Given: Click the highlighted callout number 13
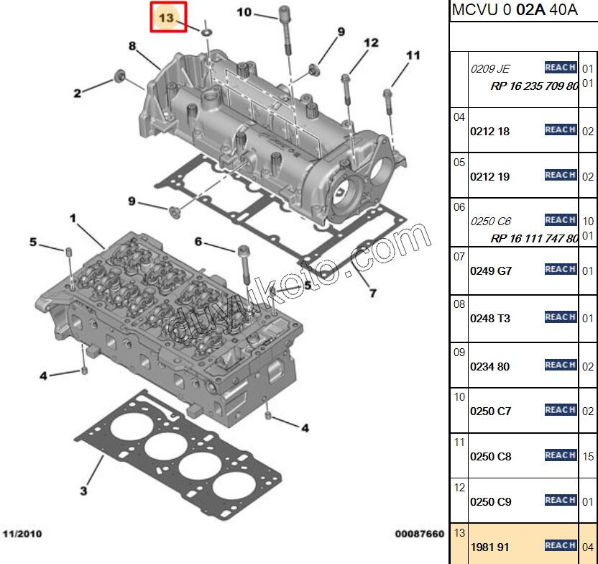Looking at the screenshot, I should (167, 18).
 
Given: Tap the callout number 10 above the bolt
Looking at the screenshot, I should (244, 12).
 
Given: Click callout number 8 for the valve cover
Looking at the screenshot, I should (132, 46).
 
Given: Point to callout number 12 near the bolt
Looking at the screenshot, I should (370, 43).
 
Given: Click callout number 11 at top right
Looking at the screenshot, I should (413, 55).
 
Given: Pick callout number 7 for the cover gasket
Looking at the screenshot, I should (372, 293).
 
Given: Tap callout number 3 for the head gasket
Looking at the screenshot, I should (83, 491).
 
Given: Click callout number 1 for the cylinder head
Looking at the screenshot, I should (72, 217).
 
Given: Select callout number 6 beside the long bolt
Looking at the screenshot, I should (198, 241).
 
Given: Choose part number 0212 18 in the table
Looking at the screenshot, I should (489, 132).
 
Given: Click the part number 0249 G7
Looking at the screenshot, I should (491, 271).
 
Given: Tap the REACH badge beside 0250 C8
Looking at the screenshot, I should (560, 455).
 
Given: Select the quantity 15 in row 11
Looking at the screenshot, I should (588, 456).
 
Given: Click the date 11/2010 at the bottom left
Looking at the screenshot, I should (22, 534).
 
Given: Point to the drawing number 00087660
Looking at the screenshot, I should (419, 534).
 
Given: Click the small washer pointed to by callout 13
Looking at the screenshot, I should (206, 32).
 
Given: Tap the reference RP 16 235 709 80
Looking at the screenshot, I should (534, 86).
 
